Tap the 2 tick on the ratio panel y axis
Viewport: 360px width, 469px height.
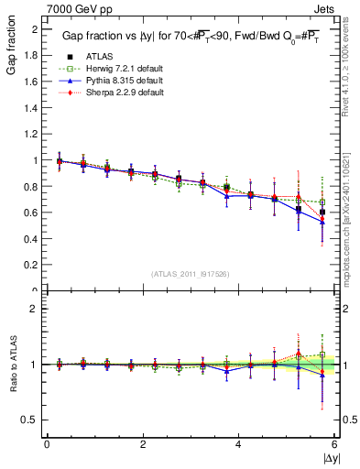coord(35,310)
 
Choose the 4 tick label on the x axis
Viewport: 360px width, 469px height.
coord(238,444)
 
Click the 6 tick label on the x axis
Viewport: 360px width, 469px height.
coord(334,444)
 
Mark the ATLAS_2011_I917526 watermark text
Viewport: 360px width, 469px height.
coord(190,274)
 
